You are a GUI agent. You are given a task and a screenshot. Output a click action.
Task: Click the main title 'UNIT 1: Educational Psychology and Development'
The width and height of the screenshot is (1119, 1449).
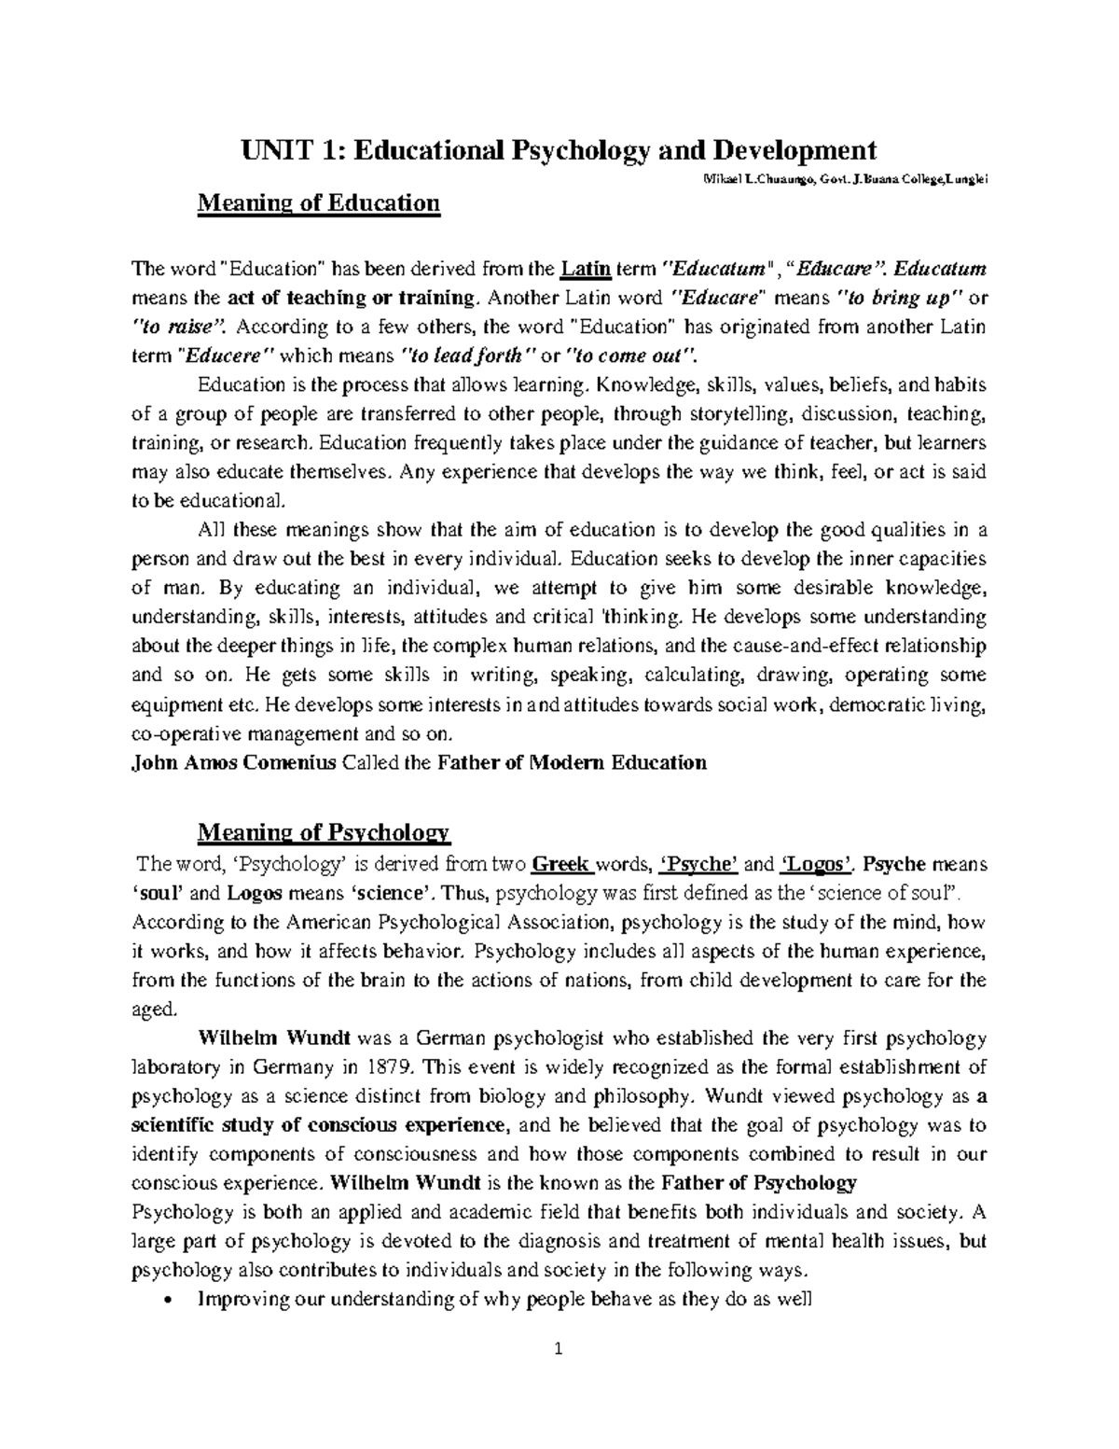[559, 149]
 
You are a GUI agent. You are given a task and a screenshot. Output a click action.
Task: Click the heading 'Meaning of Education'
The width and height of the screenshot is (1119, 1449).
[318, 202]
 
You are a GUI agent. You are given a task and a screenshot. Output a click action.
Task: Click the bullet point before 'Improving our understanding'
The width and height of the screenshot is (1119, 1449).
[166, 1299]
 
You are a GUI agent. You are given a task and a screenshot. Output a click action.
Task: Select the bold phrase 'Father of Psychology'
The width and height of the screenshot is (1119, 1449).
[758, 1183]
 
